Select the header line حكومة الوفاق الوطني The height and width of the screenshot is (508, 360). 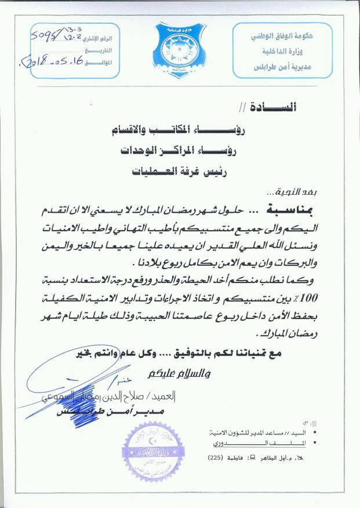tap(288, 36)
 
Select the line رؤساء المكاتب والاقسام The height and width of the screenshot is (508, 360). tap(220, 130)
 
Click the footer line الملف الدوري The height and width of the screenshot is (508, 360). tap(270, 444)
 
